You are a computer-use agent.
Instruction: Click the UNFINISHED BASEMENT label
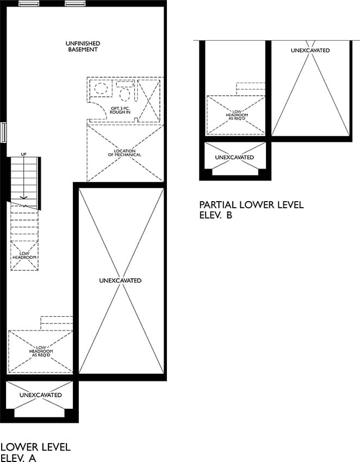pos(83,47)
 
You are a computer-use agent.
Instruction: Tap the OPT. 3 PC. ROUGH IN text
pos(120,110)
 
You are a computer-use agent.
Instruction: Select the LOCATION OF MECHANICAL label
pos(125,153)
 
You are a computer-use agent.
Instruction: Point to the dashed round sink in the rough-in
pos(101,88)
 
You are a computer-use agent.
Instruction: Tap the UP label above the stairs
pos(23,154)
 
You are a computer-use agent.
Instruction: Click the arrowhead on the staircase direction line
pos(23,197)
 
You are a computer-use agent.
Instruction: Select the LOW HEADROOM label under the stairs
pos(24,255)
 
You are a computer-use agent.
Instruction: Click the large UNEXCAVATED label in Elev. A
pos(120,280)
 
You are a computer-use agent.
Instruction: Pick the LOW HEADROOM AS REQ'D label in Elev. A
pos(41,351)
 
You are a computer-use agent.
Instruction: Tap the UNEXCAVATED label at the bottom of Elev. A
pos(41,395)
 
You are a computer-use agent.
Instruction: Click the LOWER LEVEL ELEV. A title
pos(35,452)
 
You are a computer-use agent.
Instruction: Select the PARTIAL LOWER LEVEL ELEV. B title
pos(251,209)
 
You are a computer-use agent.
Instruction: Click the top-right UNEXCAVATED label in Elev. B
pos(310,51)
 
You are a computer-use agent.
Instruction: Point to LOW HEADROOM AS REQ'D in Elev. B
pos(237,115)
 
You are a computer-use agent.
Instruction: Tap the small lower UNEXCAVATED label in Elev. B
pos(234,157)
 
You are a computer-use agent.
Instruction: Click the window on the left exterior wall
pos(3,132)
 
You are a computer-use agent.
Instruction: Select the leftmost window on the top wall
pos(29,4)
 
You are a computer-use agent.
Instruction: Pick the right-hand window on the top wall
pos(75,4)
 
